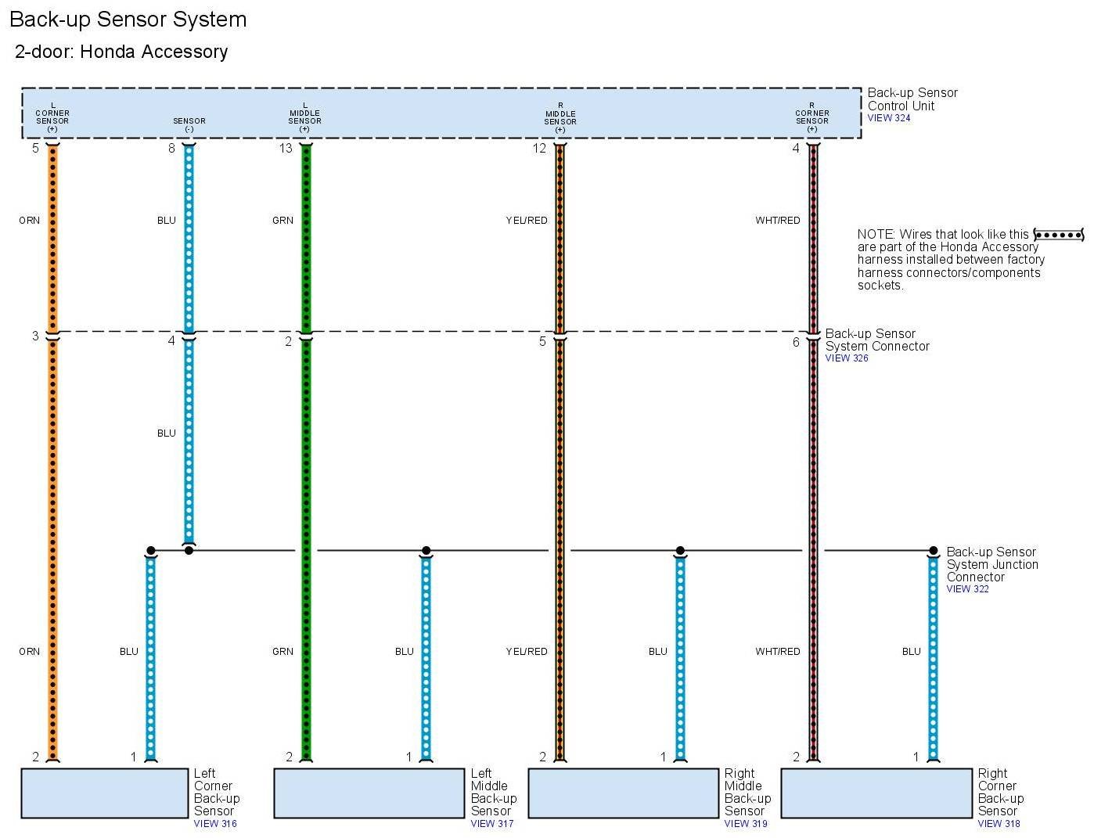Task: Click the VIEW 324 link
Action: tap(888, 118)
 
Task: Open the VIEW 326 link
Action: tap(847, 358)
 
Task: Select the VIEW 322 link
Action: tap(967, 589)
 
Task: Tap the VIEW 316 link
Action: tap(215, 823)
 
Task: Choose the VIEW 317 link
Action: tap(492, 823)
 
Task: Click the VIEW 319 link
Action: tap(746, 823)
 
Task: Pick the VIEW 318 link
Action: tap(999, 823)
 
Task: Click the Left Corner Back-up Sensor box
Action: tap(104, 793)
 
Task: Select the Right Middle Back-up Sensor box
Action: tap(623, 793)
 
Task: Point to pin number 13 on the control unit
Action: tap(286, 148)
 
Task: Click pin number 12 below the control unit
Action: tap(539, 148)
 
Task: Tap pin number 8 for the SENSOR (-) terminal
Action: tap(172, 148)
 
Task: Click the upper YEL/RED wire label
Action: tap(527, 221)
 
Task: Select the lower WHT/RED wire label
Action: tap(777, 652)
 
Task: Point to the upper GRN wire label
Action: tap(282, 221)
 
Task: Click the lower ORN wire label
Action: tap(30, 652)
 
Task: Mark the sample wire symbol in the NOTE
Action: tap(1058, 235)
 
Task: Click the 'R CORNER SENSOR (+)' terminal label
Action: tap(812, 117)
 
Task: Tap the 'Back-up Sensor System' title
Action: tap(128, 20)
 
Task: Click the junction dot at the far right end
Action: tap(933, 551)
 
